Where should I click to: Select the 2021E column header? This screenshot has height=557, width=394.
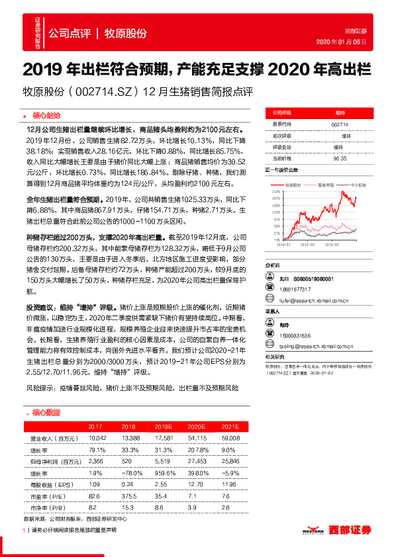231,427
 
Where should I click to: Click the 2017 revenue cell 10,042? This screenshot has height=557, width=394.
98,438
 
